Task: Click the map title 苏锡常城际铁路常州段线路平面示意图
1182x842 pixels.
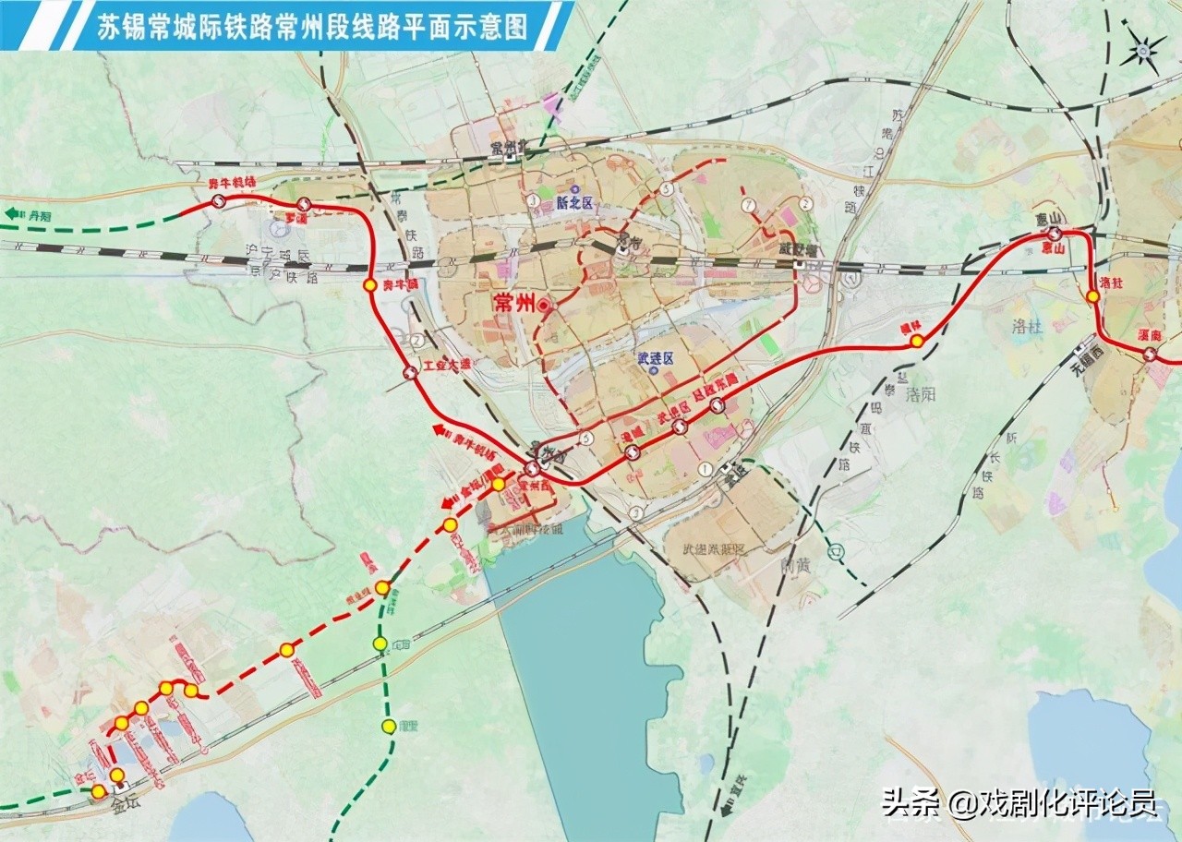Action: click(313, 27)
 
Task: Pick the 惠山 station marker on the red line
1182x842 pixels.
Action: click(1053, 235)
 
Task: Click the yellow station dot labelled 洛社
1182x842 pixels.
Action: click(1092, 296)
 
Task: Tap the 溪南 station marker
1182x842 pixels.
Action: click(1149, 354)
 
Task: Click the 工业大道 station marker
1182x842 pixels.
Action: click(410, 373)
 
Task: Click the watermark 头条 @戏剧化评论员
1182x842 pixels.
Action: click(1019, 803)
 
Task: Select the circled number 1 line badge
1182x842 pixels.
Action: click(706, 469)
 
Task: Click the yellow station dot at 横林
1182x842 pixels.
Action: click(916, 341)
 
